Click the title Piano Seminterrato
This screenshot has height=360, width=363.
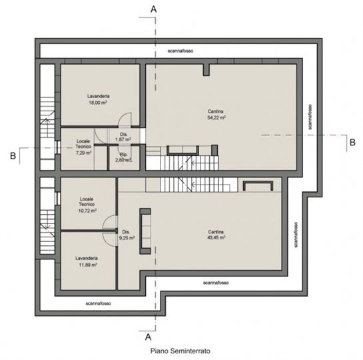click(x=181, y=351)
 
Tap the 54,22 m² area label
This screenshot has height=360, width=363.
click(x=216, y=118)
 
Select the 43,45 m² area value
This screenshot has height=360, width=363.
click(x=216, y=237)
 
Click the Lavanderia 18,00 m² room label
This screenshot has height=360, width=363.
click(x=98, y=99)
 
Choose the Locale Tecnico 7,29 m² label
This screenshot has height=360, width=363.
click(x=83, y=147)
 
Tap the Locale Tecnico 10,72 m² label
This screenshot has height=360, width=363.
click(x=87, y=205)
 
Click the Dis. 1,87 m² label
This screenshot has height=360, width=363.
click(x=123, y=137)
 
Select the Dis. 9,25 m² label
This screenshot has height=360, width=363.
click(x=127, y=235)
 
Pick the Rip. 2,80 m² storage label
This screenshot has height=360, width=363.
click(x=124, y=157)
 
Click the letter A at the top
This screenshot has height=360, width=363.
click(x=153, y=9)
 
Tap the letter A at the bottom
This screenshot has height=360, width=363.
click(x=148, y=337)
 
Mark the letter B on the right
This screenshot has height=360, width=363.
click(x=352, y=142)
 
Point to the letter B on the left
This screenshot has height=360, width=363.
click(x=13, y=156)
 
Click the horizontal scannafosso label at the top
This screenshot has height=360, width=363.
click(x=181, y=51)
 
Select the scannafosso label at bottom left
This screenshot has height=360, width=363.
click(x=98, y=303)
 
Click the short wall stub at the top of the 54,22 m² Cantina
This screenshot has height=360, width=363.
click(x=206, y=70)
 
